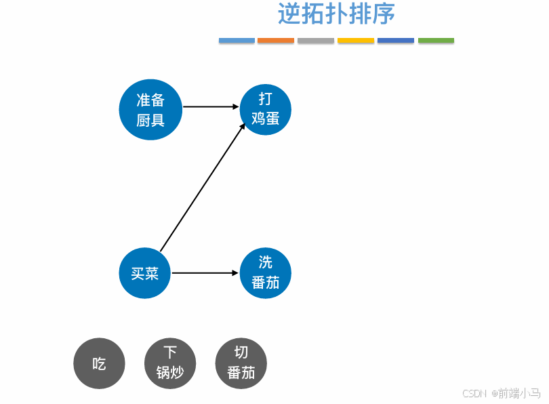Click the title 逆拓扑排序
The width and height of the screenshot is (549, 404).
pos(336,14)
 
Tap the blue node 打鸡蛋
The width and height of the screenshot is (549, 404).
pos(266,108)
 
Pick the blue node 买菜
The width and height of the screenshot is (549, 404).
pos(144,273)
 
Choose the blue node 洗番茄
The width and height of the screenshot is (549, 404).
pos(266,273)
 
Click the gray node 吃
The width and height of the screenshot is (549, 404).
pos(99,363)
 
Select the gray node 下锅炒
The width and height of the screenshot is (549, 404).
pos(170,363)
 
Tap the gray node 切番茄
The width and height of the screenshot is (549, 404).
pos(241,363)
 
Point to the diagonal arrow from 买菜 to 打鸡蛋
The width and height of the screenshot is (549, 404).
pos(202,188)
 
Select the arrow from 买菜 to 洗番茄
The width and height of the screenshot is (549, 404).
pos(206,273)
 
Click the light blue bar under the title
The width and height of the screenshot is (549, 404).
pos(237,41)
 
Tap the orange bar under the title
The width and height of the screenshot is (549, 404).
pos(276,41)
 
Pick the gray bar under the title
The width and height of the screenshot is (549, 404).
pos(316,41)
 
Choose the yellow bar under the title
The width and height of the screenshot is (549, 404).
pos(356,41)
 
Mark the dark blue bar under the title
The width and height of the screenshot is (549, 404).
pos(396,41)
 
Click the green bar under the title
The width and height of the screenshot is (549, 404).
pos(436,41)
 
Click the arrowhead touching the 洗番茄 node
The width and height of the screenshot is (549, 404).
pos(237,273)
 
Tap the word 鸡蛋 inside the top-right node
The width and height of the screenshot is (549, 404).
pos(266,118)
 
